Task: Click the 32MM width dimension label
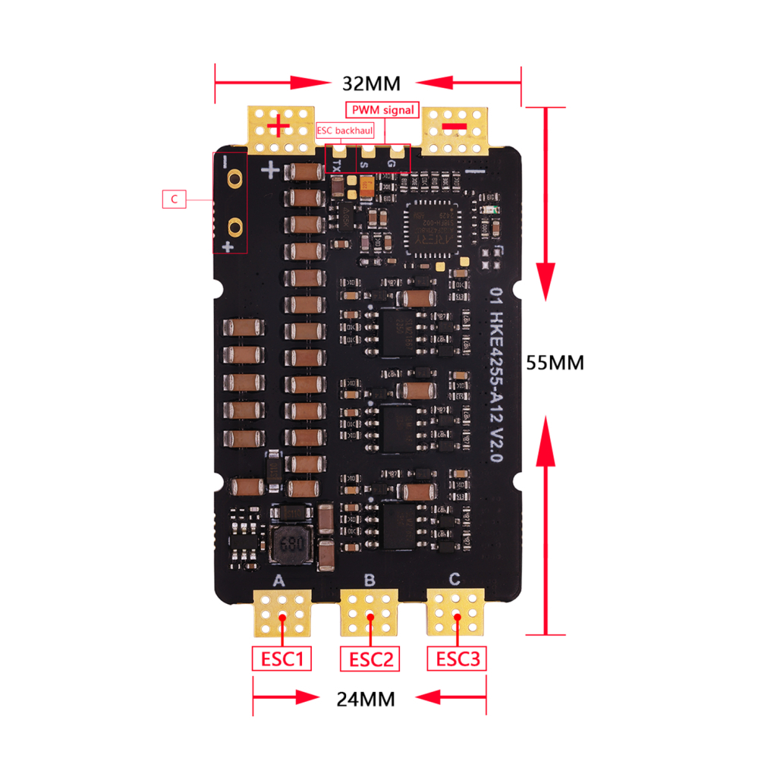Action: pyautogui.click(x=371, y=83)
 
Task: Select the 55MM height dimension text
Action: pyautogui.click(x=555, y=363)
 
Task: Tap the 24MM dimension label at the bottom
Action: pyautogui.click(x=366, y=699)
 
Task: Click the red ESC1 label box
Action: pyautogui.click(x=282, y=659)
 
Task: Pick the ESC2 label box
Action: pyautogui.click(x=370, y=659)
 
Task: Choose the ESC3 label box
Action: pyautogui.click(x=457, y=659)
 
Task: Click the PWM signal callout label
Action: pyautogui.click(x=382, y=110)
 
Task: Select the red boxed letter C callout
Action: pyautogui.click(x=175, y=200)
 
